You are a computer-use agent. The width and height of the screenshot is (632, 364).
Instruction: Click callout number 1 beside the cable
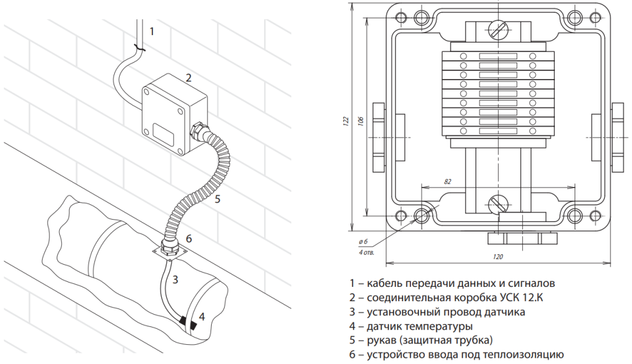152,30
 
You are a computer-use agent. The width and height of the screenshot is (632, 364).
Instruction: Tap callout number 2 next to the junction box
189,78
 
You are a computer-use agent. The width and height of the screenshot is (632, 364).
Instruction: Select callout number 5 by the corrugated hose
217,199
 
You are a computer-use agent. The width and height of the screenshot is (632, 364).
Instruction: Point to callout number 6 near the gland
189,239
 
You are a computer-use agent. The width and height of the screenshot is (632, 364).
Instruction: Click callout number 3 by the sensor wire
176,279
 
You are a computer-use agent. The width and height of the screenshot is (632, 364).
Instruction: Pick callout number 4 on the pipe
202,317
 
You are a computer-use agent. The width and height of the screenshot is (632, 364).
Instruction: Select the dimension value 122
346,120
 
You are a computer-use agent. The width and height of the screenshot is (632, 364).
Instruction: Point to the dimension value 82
447,181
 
